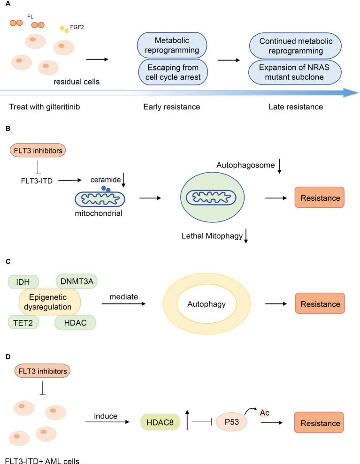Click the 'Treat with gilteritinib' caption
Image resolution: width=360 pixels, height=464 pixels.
(x=41, y=107)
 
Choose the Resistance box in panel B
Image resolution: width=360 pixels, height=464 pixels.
(x=319, y=198)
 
